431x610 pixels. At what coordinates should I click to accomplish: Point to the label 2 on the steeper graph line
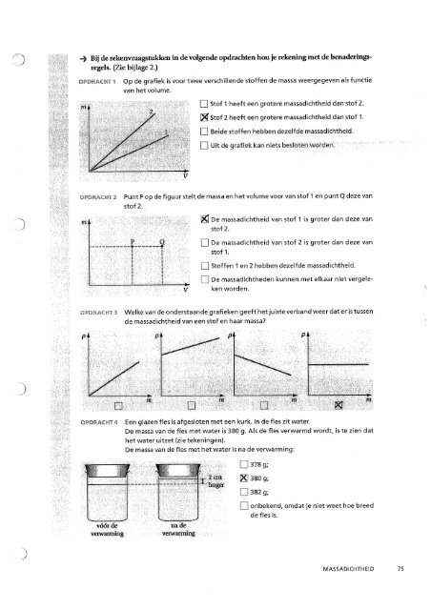151,113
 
